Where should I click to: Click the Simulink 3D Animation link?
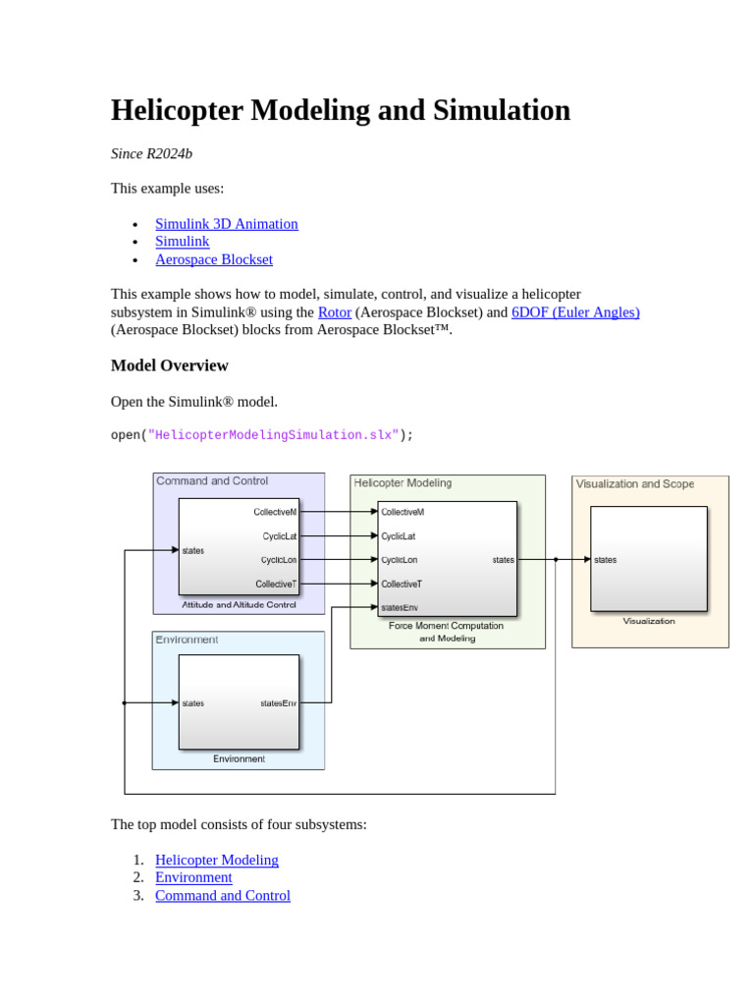pyautogui.click(x=226, y=224)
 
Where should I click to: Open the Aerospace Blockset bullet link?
pyautogui.click(x=213, y=259)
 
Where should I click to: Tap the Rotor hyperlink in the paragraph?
pyautogui.click(x=334, y=312)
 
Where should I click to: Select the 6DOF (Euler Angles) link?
pyautogui.click(x=575, y=312)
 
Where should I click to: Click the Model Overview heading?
pyautogui.click(x=169, y=365)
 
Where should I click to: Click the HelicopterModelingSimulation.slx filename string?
pyautogui.click(x=273, y=435)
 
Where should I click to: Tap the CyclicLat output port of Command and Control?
pyautogui.click(x=279, y=536)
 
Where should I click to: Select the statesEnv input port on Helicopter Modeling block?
pyautogui.click(x=400, y=607)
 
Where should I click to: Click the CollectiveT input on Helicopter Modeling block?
pyautogui.click(x=402, y=584)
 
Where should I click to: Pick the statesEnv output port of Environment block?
pyautogui.click(x=278, y=703)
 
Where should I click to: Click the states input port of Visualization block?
pyautogui.click(x=605, y=560)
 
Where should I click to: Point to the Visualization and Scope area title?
pyautogui.click(x=634, y=484)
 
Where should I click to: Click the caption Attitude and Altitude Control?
pyautogui.click(x=239, y=605)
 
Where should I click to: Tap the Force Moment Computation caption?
pyautogui.click(x=446, y=626)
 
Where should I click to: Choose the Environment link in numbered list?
pyautogui.click(x=193, y=877)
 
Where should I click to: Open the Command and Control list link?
pyautogui.click(x=223, y=895)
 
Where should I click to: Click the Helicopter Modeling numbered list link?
pyautogui.click(x=217, y=860)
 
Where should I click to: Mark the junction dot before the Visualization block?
pyautogui.click(x=556, y=560)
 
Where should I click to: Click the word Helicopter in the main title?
pyautogui.click(x=177, y=110)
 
